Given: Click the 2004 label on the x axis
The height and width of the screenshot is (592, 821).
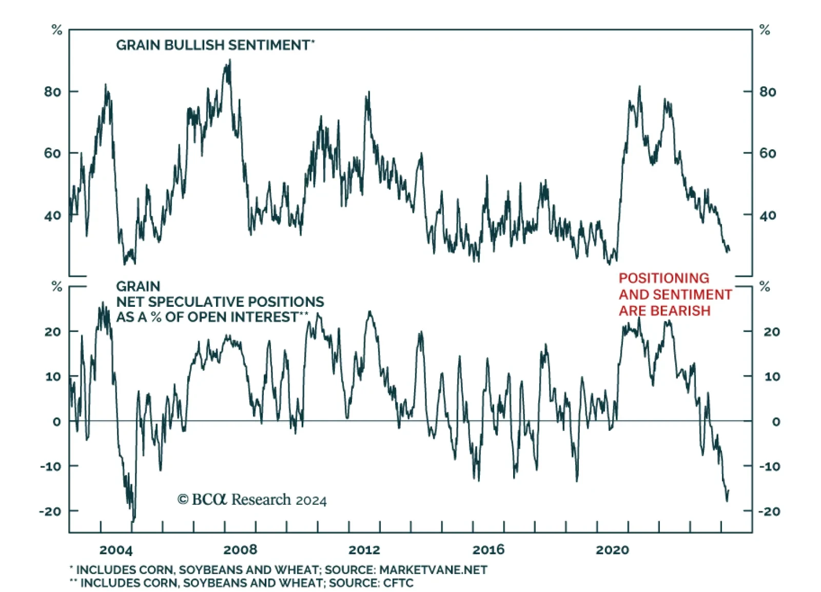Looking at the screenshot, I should [x=115, y=550].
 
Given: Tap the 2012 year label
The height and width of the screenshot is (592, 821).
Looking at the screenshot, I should [x=364, y=550].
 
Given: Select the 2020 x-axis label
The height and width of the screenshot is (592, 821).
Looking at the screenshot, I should [x=612, y=550].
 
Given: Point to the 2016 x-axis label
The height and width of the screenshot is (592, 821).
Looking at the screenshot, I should [x=488, y=550].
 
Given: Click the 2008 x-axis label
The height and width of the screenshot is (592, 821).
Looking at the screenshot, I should [x=240, y=550].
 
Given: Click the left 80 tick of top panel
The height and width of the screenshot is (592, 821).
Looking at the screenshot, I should [x=52, y=92].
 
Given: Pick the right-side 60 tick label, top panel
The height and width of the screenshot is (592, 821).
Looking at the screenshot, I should [x=768, y=153].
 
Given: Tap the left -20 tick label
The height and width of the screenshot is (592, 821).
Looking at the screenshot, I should [x=50, y=511].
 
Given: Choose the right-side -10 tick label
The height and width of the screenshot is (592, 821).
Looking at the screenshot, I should [x=769, y=467].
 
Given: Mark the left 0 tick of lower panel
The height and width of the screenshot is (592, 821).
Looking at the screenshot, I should [x=56, y=422].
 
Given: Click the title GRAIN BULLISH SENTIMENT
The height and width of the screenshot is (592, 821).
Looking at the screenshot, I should [x=213, y=45].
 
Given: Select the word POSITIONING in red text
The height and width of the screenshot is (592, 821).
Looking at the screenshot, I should [x=663, y=278].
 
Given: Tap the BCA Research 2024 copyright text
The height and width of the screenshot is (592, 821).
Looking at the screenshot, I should [x=252, y=500].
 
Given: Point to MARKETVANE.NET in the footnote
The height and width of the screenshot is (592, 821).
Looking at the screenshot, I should [x=433, y=570].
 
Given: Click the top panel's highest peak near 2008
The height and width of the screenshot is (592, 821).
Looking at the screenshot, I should [x=229, y=61].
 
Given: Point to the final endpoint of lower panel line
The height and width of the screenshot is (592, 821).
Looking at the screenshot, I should [x=729, y=491].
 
